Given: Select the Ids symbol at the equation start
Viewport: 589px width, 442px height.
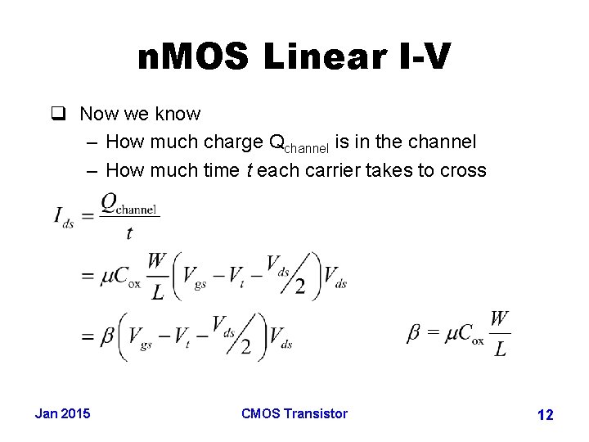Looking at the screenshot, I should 64,216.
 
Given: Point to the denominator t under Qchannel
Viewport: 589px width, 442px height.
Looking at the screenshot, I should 128,233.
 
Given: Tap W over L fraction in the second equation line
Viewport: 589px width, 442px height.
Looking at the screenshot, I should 158,277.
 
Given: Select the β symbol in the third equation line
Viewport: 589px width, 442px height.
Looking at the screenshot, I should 108,336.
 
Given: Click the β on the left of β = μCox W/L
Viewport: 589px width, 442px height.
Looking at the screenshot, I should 414,333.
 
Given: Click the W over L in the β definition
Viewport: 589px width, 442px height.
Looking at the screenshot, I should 500,333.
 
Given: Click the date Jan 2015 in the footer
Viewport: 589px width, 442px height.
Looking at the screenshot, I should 63,413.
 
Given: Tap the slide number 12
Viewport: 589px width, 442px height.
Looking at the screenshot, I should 545,415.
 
